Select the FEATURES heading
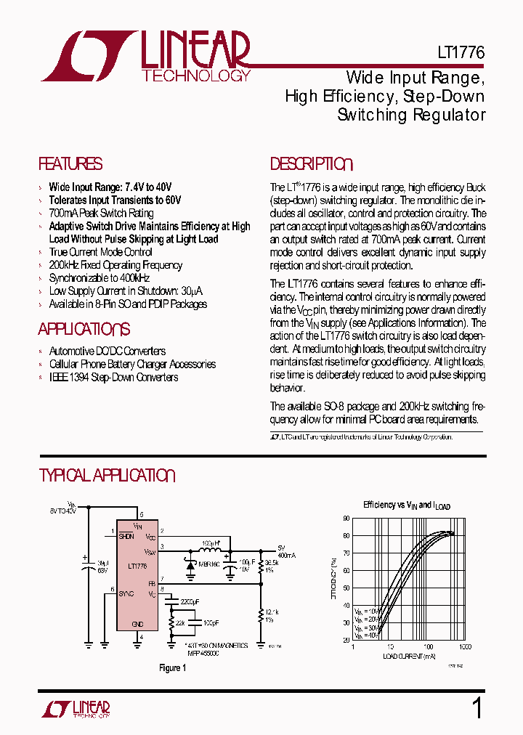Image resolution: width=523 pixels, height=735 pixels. pyautogui.click(x=70, y=164)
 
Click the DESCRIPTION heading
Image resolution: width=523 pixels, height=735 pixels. pyautogui.click(x=311, y=164)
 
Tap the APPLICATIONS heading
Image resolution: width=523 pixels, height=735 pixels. pyautogui.click(x=84, y=329)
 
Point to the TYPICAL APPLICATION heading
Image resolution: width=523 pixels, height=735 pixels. pyautogui.click(x=107, y=476)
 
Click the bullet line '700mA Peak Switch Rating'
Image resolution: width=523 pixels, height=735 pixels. pyautogui.click(x=101, y=213)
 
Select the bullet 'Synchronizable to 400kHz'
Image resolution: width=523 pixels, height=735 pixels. pyautogui.click(x=99, y=278)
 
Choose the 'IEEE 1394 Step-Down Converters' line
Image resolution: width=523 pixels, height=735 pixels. pyautogui.click(x=113, y=377)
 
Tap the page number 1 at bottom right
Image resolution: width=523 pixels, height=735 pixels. pyautogui.click(x=477, y=707)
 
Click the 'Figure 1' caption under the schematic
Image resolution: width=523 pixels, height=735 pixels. pyautogui.click(x=173, y=667)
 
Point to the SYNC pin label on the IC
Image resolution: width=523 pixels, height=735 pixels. pyautogui.click(x=128, y=593)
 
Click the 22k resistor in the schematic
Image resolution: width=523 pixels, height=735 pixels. pyautogui.click(x=171, y=623)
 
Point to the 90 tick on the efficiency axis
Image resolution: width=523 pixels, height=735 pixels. pyautogui.click(x=346, y=519)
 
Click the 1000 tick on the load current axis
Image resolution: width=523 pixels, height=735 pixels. pyautogui.click(x=465, y=646)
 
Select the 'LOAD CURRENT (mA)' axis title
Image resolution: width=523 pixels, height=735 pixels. pyautogui.click(x=410, y=656)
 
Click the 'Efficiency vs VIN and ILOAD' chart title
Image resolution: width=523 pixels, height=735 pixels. pyautogui.click(x=407, y=505)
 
